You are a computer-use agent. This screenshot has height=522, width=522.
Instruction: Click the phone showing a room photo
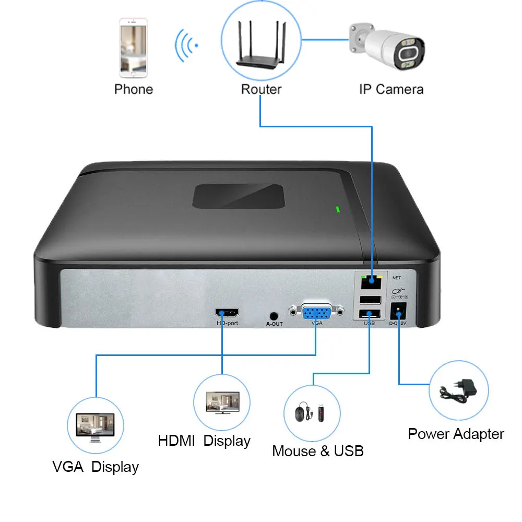(134, 48)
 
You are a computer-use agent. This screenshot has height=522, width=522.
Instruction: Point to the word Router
(261, 89)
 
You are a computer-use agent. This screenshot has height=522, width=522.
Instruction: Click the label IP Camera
(391, 89)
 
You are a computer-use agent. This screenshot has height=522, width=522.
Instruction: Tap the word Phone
(134, 89)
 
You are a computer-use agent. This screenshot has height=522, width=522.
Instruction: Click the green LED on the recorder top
(338, 210)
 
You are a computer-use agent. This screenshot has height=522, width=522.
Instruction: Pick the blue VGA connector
(316, 313)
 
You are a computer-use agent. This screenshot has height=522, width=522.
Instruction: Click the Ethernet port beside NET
(371, 282)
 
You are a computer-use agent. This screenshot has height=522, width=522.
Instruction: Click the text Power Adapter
(456, 434)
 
